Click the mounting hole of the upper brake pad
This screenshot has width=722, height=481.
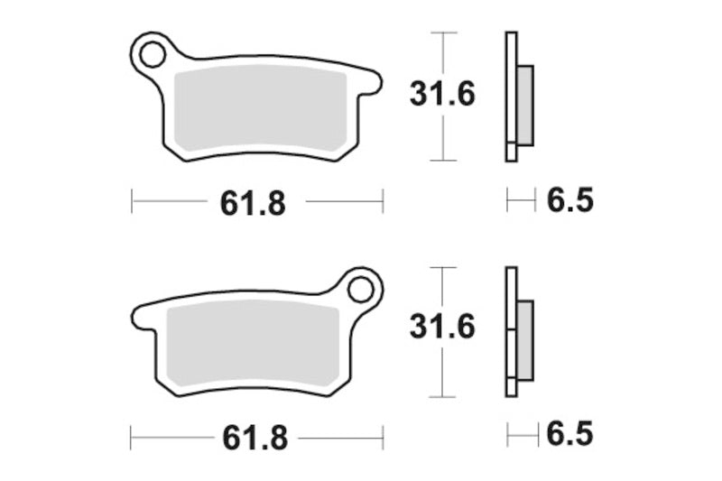pyautogui.click(x=153, y=55)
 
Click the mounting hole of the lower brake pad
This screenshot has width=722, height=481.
pyautogui.click(x=360, y=290)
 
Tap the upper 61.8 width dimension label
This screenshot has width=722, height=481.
pyautogui.click(x=253, y=203)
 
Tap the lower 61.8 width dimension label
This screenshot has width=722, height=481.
pyautogui.click(x=255, y=438)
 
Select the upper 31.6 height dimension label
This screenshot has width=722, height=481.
pyautogui.click(x=442, y=94)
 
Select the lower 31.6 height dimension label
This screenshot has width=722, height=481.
pyautogui.click(x=442, y=327)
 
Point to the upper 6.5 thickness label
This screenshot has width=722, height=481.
pyautogui.click(x=570, y=200)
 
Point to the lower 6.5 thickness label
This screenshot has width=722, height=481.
pyautogui.click(x=570, y=434)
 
